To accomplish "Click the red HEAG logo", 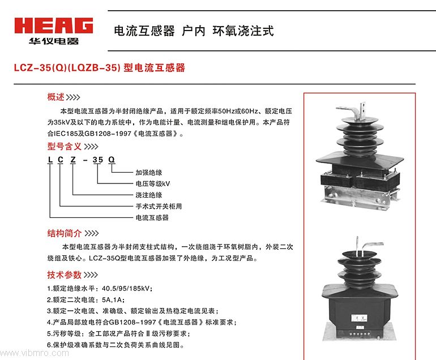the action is [54, 25].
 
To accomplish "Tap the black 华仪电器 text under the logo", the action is [54, 41].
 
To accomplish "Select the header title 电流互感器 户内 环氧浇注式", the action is [194, 31].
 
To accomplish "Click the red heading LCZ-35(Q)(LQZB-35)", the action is [67, 67].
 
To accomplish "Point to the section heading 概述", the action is [55, 97].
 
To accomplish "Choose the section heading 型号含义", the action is [64, 146].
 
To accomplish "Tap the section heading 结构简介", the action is [64, 233].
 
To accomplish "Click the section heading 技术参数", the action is [64, 275].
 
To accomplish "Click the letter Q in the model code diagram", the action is [111, 160].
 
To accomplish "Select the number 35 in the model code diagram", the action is [97, 160].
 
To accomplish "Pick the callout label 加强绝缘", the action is [149, 173].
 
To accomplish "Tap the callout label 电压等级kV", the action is [153, 184].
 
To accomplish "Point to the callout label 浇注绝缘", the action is [149, 195].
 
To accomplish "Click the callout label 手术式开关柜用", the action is [159, 206].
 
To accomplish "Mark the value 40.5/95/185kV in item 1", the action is [126, 288].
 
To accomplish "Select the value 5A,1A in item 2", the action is [112, 299].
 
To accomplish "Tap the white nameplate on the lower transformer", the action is [359, 318].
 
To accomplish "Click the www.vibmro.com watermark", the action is [35, 353].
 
